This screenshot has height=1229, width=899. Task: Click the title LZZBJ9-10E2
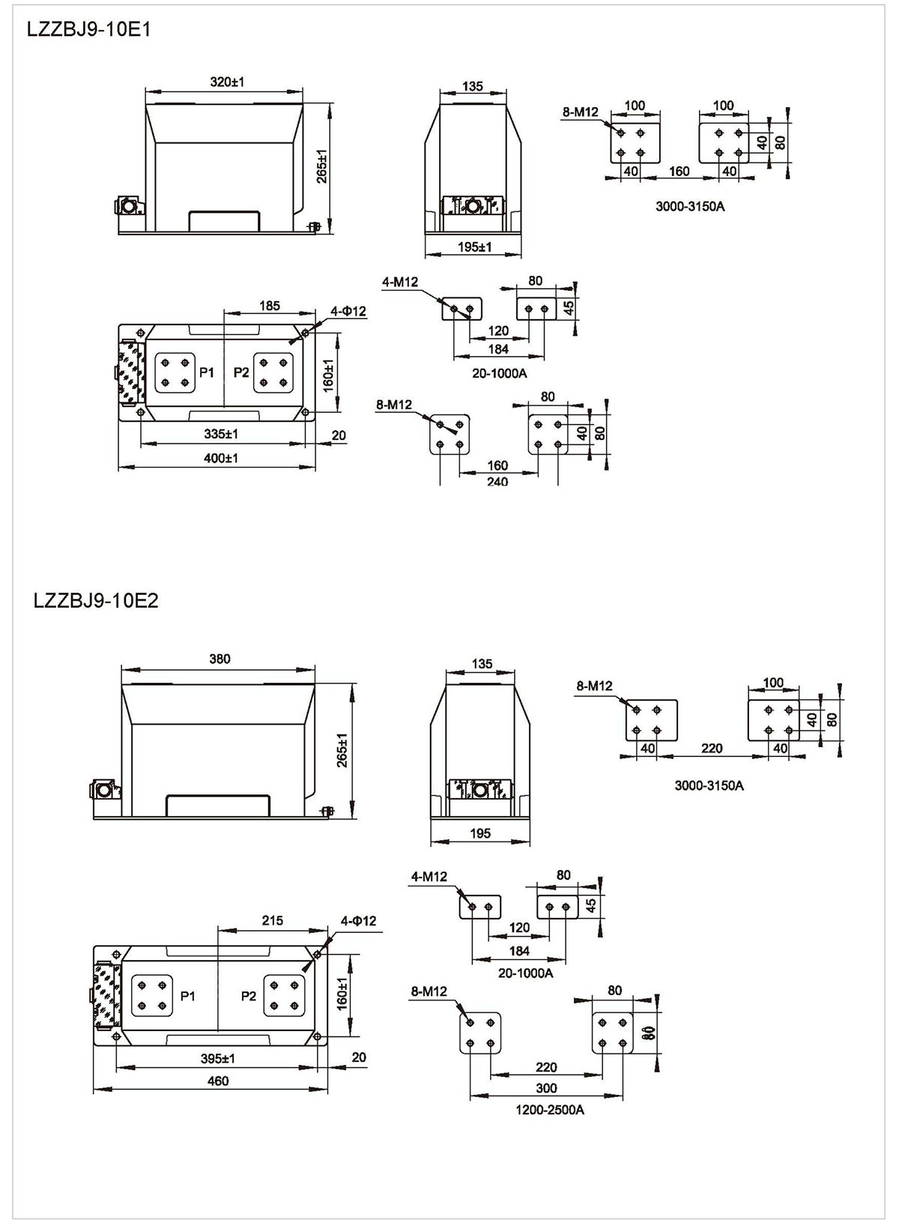coord(96,601)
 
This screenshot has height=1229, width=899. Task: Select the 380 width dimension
coord(220,659)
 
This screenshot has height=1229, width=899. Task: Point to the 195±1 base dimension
coord(475,247)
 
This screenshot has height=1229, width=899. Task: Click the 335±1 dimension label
coord(221,434)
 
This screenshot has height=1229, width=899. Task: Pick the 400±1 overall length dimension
coord(221,458)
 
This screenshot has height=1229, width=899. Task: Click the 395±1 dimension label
coord(218,1058)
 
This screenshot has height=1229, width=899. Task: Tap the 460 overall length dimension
coord(217,1081)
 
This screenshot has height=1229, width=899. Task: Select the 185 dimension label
coord(270,306)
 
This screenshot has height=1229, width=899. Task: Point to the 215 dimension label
coord(273,920)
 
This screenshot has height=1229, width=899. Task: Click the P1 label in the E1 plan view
coord(207,372)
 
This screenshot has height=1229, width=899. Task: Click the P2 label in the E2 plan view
coord(249,996)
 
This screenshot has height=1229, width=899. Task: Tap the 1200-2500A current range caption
coord(550,1110)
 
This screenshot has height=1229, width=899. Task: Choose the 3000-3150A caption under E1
coord(690,206)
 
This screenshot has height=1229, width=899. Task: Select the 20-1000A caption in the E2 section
coord(525,973)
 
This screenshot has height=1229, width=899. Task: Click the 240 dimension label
coord(497,482)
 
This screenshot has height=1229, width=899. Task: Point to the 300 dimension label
coord(547,1088)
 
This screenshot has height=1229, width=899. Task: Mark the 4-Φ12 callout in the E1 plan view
coord(348,311)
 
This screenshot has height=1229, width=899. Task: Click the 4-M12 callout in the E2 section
coord(429,877)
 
